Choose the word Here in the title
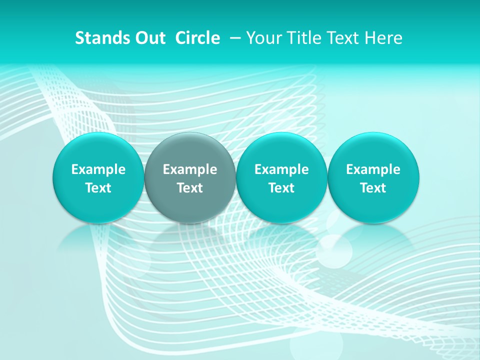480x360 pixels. [384, 38]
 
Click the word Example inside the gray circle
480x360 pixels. [190, 169]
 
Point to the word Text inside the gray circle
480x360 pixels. [190, 188]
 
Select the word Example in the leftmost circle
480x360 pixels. [98, 169]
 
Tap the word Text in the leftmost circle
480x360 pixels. [98, 188]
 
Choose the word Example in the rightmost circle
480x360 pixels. [373, 169]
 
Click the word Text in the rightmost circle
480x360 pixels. [373, 188]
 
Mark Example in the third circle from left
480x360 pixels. [281, 169]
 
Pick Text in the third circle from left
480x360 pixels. [281, 188]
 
